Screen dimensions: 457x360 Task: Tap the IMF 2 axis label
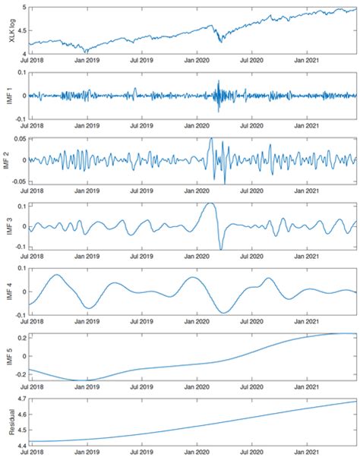(x=10, y=160)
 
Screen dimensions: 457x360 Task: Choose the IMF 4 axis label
(x=10, y=291)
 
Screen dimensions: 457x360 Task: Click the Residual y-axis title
(x=10, y=421)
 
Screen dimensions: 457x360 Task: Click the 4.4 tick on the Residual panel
(x=22, y=443)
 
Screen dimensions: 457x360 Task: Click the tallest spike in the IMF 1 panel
(x=218, y=80)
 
